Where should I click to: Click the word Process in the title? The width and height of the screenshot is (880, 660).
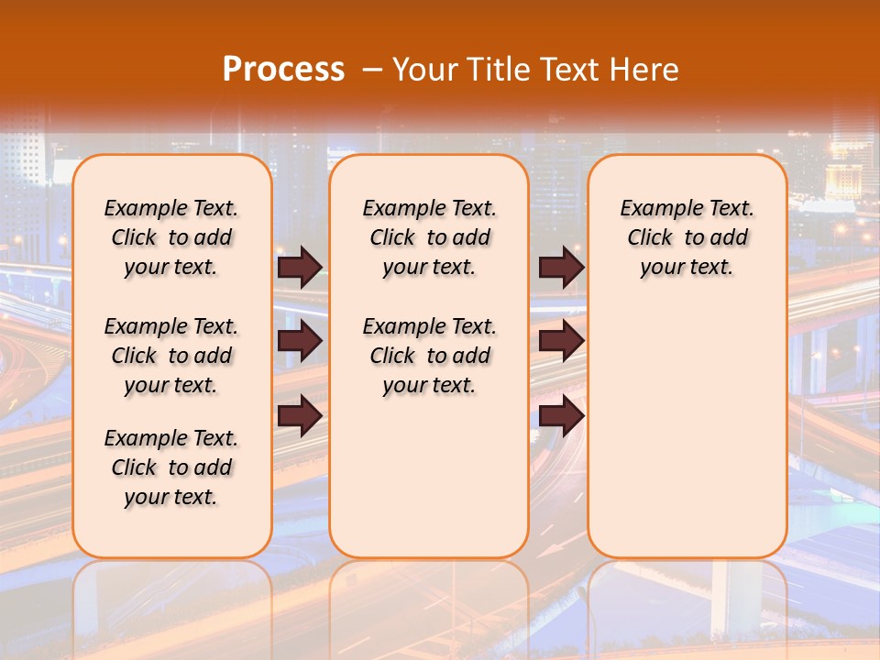[x=283, y=69]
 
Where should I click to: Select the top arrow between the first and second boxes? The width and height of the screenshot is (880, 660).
[x=300, y=268]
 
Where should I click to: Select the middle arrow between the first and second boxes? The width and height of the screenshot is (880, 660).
[x=300, y=341]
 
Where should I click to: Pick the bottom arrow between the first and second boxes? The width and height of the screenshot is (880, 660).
[x=300, y=416]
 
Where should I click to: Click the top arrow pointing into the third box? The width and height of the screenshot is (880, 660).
[x=561, y=268]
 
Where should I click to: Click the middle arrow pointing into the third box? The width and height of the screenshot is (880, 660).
[x=561, y=341]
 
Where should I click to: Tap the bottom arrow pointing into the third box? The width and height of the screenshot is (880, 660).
[x=561, y=416]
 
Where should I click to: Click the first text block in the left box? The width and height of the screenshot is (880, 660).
[x=171, y=237]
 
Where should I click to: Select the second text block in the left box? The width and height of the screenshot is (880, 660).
[x=171, y=356]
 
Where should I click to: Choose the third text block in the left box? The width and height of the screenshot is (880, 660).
[x=171, y=467]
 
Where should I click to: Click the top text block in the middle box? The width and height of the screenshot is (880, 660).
[x=429, y=237]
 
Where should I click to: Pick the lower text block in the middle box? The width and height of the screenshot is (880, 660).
[x=429, y=356]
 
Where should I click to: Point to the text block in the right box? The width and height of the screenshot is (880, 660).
[x=687, y=237]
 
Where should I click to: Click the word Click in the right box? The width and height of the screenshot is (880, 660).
[x=649, y=238]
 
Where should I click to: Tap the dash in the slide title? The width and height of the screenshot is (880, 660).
[x=372, y=70]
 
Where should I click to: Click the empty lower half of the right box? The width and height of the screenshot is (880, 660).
[x=687, y=431]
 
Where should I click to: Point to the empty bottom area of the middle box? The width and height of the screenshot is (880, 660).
[x=429, y=486]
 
